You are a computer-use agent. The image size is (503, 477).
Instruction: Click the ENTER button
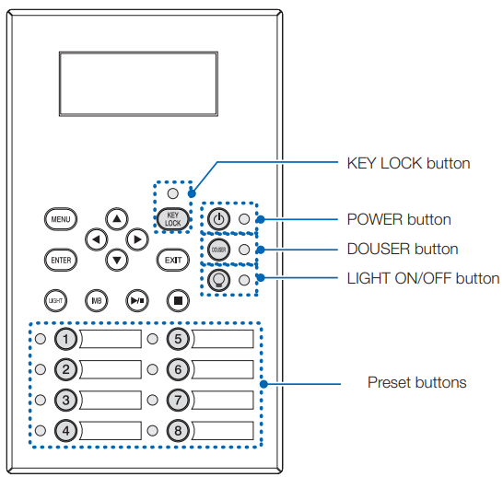[61, 260]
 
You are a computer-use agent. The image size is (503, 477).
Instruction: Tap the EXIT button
[173, 260]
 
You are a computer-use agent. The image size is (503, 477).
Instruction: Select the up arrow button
[117, 219]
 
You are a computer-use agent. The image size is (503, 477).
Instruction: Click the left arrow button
[96, 239]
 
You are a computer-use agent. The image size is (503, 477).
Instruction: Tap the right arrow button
[137, 239]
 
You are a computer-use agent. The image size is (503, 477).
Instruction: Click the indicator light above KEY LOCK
[173, 193]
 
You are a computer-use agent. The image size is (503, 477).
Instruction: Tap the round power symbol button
[218, 219]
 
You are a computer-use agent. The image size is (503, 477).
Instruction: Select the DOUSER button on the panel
[218, 250]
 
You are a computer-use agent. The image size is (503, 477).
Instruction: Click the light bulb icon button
[218, 280]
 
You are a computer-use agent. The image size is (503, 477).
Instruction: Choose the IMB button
[97, 301]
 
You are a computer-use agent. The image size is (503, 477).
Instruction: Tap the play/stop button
[137, 301]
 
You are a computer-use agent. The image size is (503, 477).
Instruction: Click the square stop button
[178, 301]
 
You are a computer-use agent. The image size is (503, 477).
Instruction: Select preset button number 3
[65, 400]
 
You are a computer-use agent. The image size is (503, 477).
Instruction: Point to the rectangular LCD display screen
[138, 84]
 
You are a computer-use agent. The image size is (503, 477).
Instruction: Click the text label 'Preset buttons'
[417, 382]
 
